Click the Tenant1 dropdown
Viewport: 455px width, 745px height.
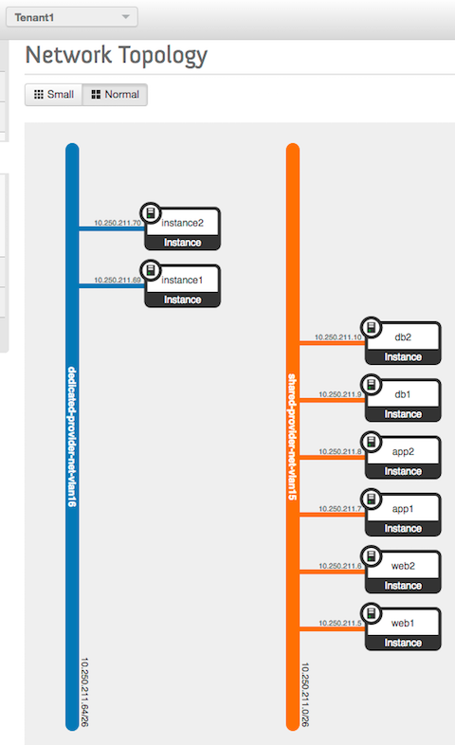pyautogui.click(x=72, y=17)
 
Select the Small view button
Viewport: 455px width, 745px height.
pyautogui.click(x=54, y=95)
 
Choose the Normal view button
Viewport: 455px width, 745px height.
pyautogui.click(x=115, y=95)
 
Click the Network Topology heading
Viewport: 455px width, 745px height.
pyautogui.click(x=117, y=56)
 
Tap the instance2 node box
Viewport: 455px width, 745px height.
pyautogui.click(x=182, y=229)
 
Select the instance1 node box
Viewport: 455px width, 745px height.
pyautogui.click(x=182, y=286)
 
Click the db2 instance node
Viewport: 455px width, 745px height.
pyautogui.click(x=403, y=343)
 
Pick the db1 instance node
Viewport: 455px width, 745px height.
pyautogui.click(x=403, y=401)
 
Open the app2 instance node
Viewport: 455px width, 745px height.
pyautogui.click(x=403, y=458)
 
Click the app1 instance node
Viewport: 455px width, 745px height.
pyautogui.click(x=403, y=515)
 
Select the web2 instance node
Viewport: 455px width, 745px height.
pyautogui.click(x=403, y=572)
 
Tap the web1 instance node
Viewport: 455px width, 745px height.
pyautogui.click(x=403, y=629)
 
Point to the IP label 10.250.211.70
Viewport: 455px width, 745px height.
pyautogui.click(x=118, y=223)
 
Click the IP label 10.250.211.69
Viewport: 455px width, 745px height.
pyautogui.click(x=118, y=280)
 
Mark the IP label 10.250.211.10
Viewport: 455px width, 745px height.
pyautogui.click(x=338, y=336)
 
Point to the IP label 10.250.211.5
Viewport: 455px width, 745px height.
pyautogui.click(x=340, y=623)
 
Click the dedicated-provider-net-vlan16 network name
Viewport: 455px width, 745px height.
pyautogui.click(x=72, y=437)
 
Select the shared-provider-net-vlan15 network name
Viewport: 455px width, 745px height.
pyautogui.click(x=292, y=437)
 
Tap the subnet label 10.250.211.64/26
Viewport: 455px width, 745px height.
pyautogui.click(x=84, y=692)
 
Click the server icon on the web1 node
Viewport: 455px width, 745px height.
pyautogui.click(x=372, y=613)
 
